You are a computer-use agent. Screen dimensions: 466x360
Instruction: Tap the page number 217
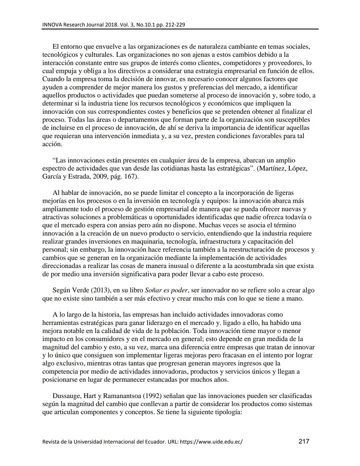click(304, 442)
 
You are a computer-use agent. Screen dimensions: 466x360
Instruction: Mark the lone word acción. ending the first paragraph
click(52, 144)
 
